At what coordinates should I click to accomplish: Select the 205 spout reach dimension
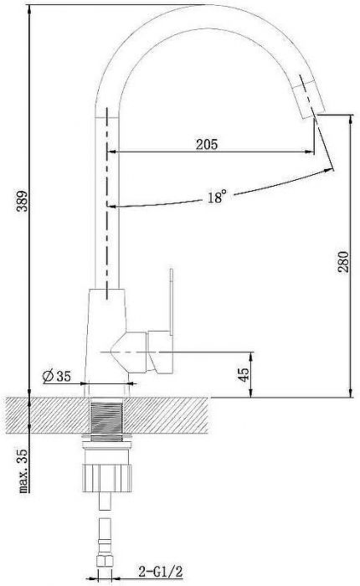coord(207,144)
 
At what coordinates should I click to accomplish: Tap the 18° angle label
coord(216,198)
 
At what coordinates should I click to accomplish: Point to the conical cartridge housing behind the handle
coord(126,352)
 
